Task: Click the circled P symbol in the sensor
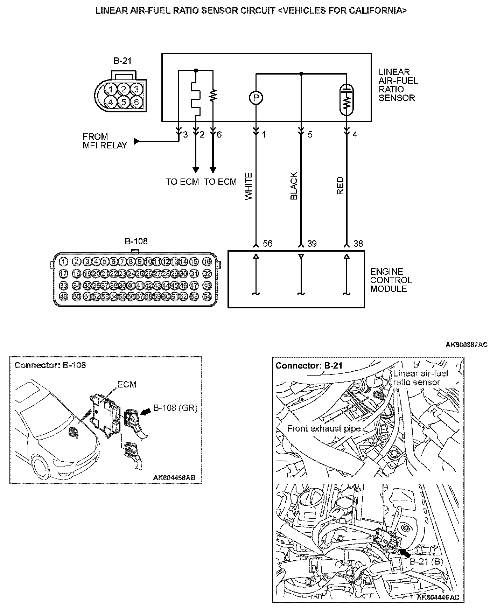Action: click(x=256, y=98)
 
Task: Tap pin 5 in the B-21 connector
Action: click(x=124, y=102)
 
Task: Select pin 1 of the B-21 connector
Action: click(x=111, y=89)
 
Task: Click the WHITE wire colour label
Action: click(x=248, y=187)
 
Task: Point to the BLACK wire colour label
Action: click(x=294, y=186)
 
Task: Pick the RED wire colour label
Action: click(x=340, y=186)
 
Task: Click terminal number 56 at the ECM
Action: click(x=267, y=244)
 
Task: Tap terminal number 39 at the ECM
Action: click(x=311, y=244)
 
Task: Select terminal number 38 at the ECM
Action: click(x=358, y=244)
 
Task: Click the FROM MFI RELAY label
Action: click(x=105, y=141)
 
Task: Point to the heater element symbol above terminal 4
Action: click(x=347, y=100)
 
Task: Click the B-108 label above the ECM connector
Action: click(x=136, y=241)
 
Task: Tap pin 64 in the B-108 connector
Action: click(x=207, y=296)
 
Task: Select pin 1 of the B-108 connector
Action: click(x=63, y=261)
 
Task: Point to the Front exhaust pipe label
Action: click(x=324, y=429)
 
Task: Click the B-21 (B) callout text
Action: click(x=426, y=562)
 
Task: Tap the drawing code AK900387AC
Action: click(x=466, y=345)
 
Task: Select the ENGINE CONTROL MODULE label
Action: click(x=391, y=280)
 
